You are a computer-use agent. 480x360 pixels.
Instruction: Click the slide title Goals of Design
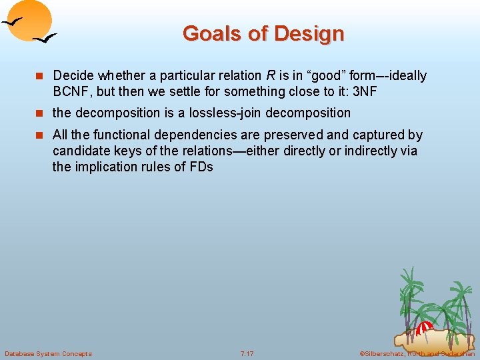coord(263,33)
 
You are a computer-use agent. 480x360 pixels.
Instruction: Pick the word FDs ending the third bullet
coord(199,167)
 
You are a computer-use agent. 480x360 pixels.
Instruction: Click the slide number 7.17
coord(247,353)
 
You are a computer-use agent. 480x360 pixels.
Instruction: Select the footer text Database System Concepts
coord(48,353)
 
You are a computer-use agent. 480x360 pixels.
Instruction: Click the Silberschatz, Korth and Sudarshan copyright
coord(417,353)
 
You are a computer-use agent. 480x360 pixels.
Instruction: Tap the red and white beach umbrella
coord(424,328)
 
